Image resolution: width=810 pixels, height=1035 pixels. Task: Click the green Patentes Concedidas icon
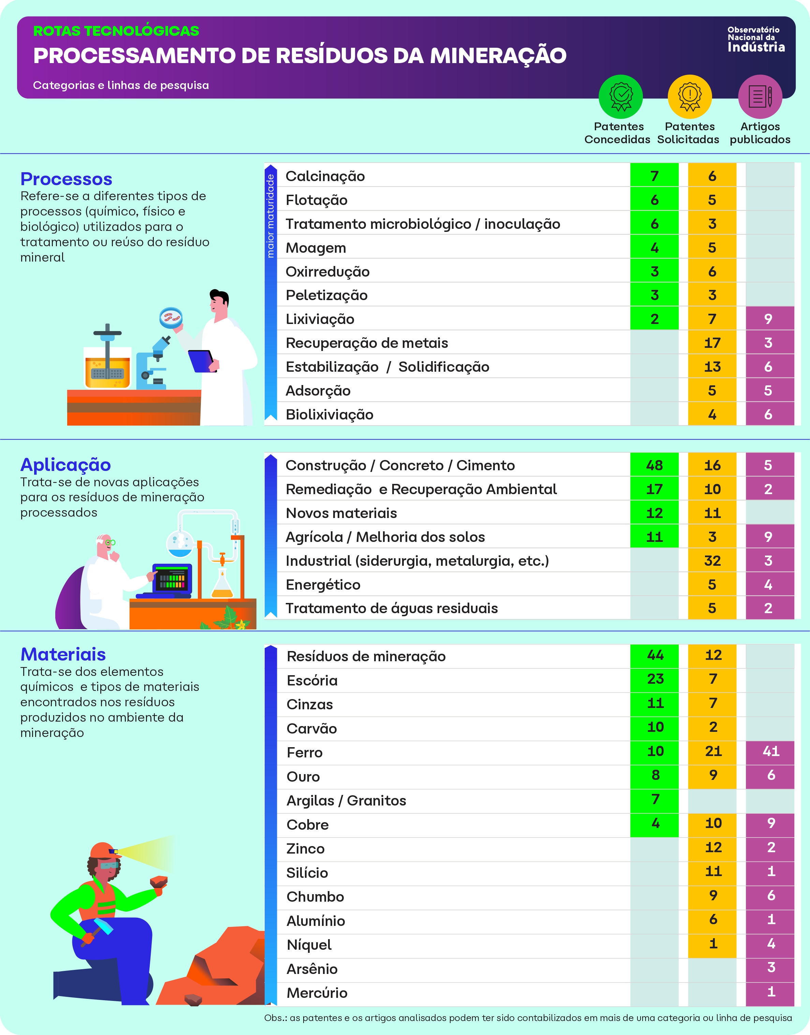tap(620, 97)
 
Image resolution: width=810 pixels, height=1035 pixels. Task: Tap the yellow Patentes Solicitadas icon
tap(690, 97)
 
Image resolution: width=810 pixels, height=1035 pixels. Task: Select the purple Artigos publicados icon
tap(760, 97)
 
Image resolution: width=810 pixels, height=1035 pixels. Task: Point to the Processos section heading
tap(67, 179)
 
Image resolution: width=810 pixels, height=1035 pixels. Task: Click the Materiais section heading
tap(63, 654)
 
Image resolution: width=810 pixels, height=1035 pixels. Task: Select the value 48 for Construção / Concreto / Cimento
tap(654, 465)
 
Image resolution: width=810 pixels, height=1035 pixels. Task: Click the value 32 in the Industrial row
tap(712, 561)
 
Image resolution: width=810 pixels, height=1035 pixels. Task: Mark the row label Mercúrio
tap(317, 993)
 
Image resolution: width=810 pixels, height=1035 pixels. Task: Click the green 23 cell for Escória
tap(655, 679)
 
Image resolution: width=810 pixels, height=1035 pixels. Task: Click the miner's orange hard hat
tap(103, 850)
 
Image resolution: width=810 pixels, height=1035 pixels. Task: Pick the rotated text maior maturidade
tap(270, 216)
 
